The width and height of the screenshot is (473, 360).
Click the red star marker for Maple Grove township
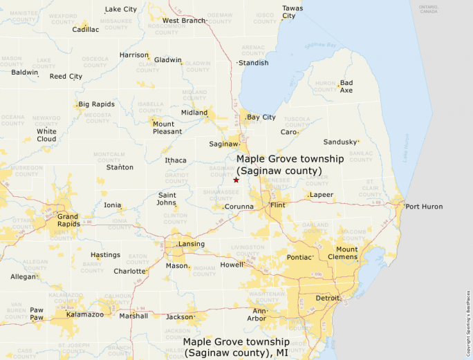click(236, 180)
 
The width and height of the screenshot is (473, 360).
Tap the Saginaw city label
click(223, 144)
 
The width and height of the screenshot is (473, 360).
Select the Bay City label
click(261, 117)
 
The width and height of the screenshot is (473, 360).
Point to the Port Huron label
click(424, 207)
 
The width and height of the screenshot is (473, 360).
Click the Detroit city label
click(327, 299)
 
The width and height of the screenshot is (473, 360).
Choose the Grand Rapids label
click(68, 220)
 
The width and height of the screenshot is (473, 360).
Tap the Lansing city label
click(192, 244)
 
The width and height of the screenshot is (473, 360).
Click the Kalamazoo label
click(85, 314)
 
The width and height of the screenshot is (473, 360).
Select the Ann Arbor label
click(257, 314)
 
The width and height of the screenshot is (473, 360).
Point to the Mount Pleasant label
click(167, 127)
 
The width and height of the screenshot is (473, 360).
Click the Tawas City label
click(292, 12)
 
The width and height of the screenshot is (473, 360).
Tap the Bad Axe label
click(346, 86)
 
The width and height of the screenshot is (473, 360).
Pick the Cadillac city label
click(86, 30)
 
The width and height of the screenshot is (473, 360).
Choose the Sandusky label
click(340, 142)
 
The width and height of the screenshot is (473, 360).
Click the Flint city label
click(278, 206)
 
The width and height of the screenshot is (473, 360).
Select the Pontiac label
click(300, 257)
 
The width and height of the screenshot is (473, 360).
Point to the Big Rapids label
click(96, 104)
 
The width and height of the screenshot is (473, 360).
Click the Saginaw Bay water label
click(322, 46)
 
